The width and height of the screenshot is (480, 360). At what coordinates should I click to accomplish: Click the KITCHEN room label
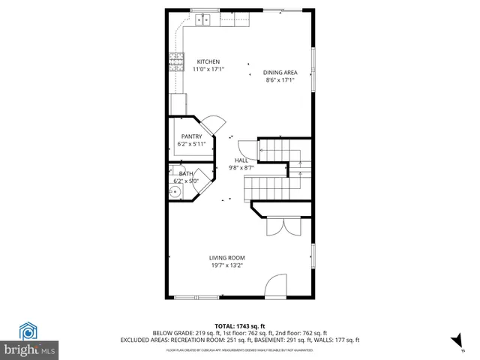(x=208, y=61)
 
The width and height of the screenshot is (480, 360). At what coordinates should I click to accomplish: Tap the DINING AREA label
(x=279, y=72)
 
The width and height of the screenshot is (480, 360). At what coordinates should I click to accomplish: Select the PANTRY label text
(x=191, y=136)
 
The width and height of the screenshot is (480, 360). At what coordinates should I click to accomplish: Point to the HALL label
(x=241, y=160)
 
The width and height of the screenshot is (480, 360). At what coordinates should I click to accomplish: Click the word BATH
(x=185, y=173)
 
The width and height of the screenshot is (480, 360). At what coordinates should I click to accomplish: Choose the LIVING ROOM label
(x=226, y=258)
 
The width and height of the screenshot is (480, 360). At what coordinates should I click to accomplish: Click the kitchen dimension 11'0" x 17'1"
(x=208, y=69)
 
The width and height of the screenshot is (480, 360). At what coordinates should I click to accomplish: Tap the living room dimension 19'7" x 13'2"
(x=226, y=265)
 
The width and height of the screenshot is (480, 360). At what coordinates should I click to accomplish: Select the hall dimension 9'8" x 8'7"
(x=241, y=167)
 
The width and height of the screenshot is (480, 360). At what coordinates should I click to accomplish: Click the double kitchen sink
(x=204, y=19)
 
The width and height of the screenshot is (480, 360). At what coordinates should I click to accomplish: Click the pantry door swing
(x=213, y=124)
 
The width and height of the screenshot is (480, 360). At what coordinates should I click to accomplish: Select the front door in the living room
(x=276, y=287)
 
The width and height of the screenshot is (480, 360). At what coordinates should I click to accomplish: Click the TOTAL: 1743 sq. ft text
(x=240, y=325)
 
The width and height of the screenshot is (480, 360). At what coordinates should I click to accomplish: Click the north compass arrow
(x=457, y=342)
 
